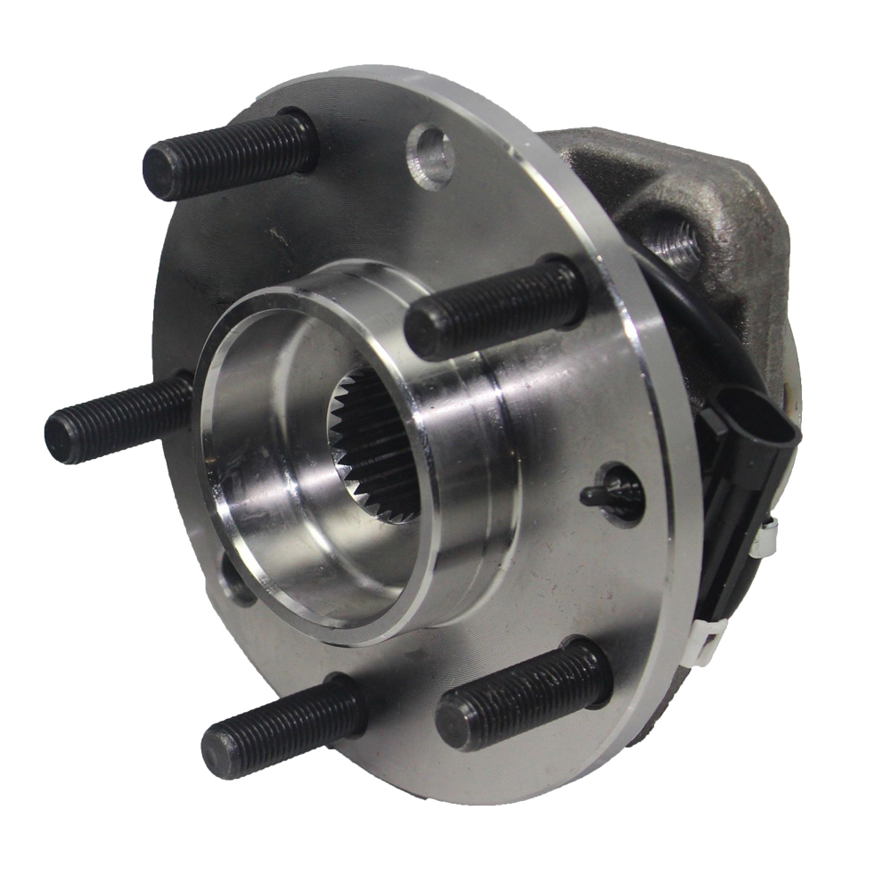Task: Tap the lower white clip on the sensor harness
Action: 708,640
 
